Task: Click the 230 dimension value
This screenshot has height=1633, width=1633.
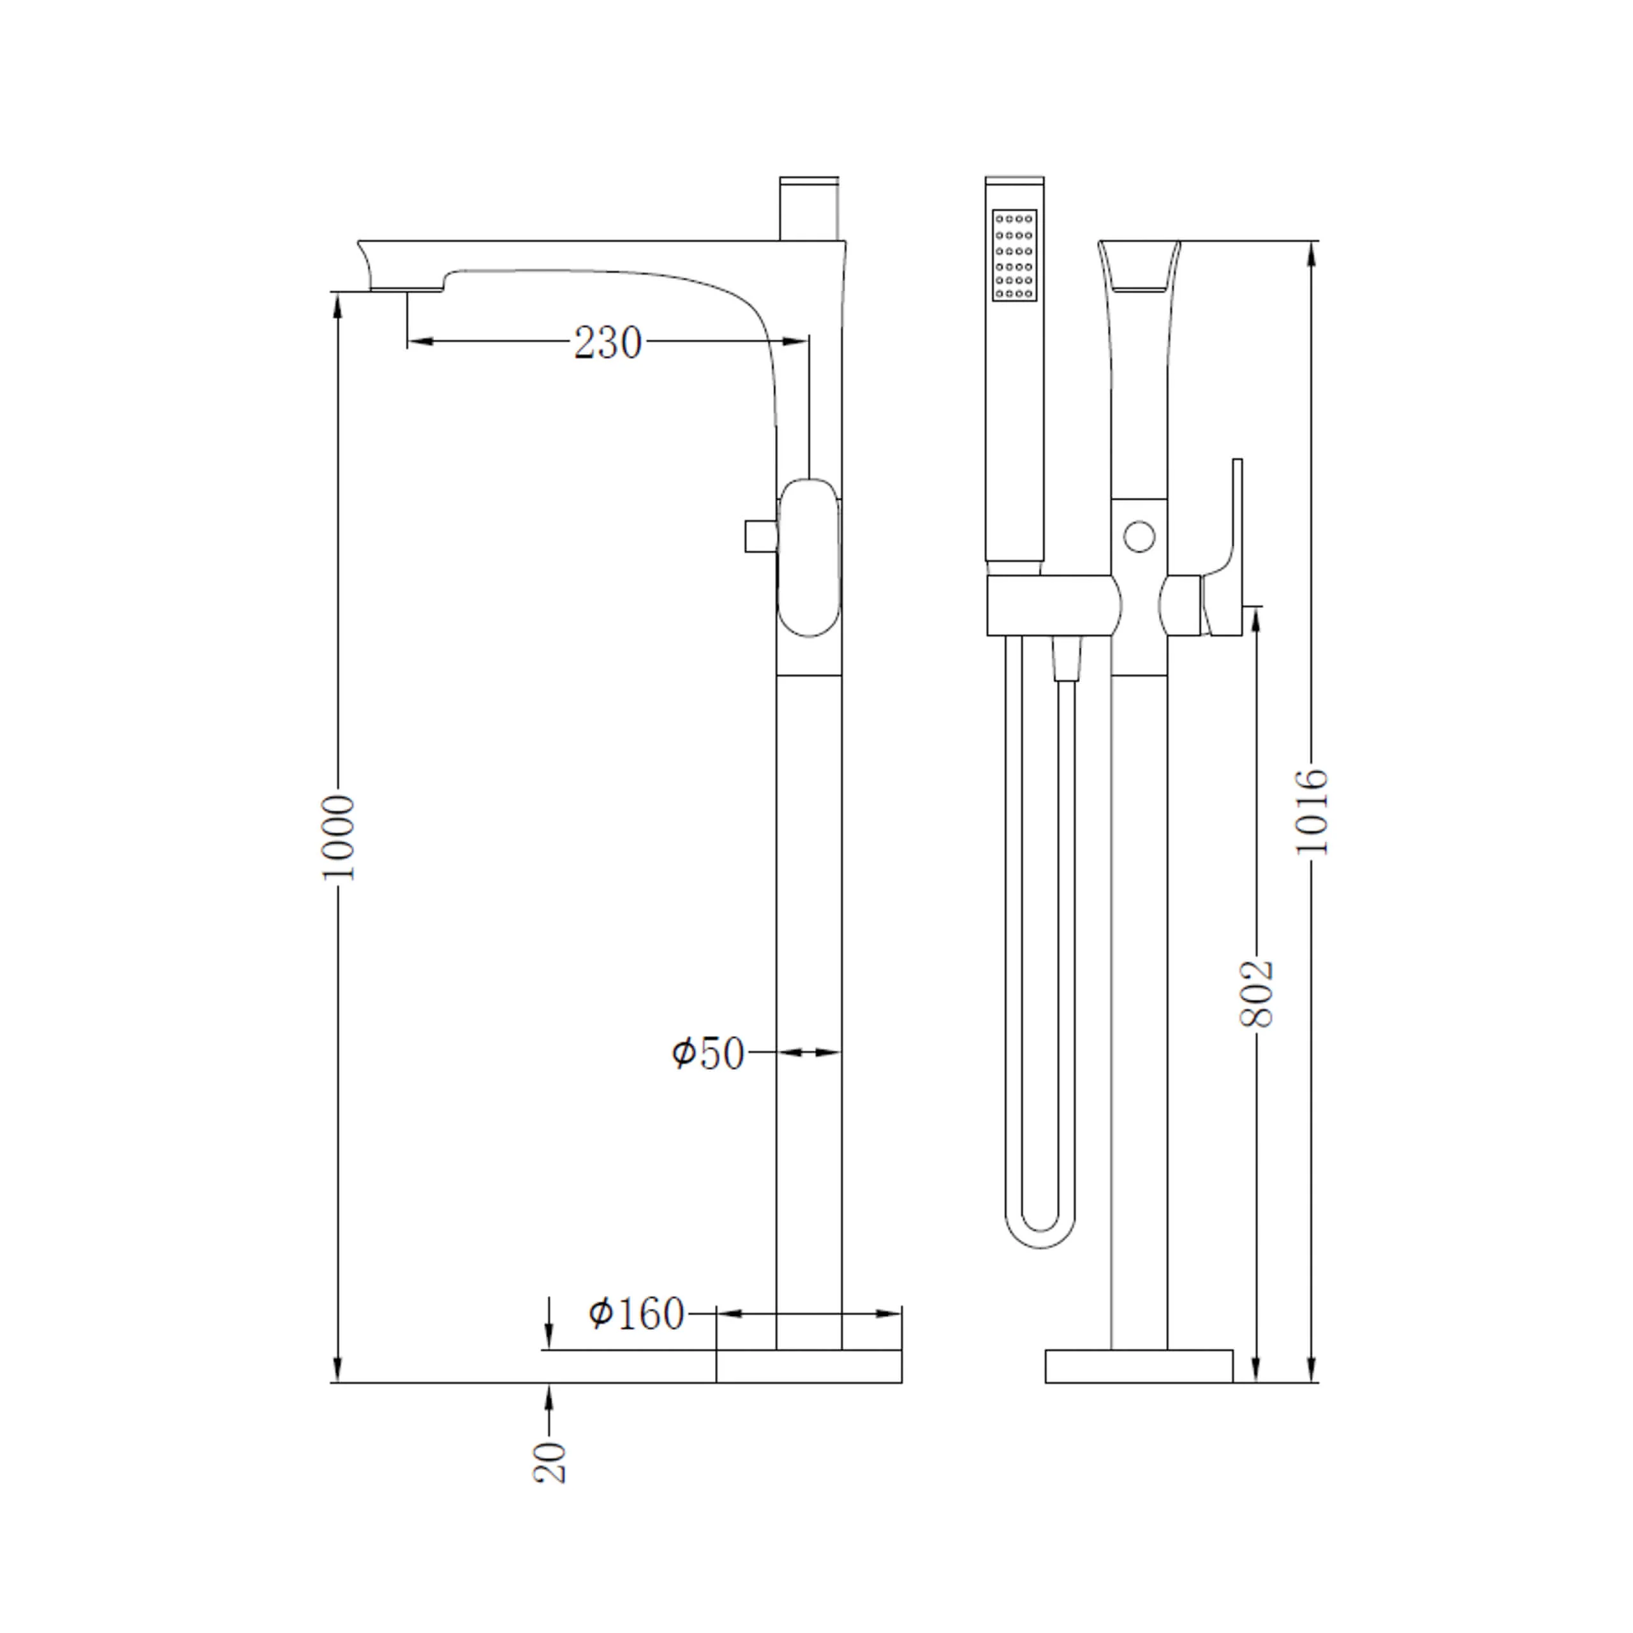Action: tap(608, 343)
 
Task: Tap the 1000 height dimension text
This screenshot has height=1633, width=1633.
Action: tap(339, 838)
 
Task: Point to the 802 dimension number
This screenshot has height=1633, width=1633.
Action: tap(1256, 994)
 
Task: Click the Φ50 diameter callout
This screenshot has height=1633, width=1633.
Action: tap(708, 1054)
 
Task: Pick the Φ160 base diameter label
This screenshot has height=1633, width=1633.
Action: tap(635, 1313)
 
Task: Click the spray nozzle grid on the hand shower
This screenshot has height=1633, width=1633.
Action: tap(1014, 255)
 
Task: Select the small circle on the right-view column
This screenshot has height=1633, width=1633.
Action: tap(1139, 536)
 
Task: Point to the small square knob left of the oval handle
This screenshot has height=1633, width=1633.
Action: tap(761, 536)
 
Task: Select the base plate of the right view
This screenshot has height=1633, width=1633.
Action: tap(1139, 1366)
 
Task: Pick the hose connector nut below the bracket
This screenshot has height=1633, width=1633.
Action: tap(1066, 658)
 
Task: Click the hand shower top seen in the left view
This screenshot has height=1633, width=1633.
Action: tap(809, 209)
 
